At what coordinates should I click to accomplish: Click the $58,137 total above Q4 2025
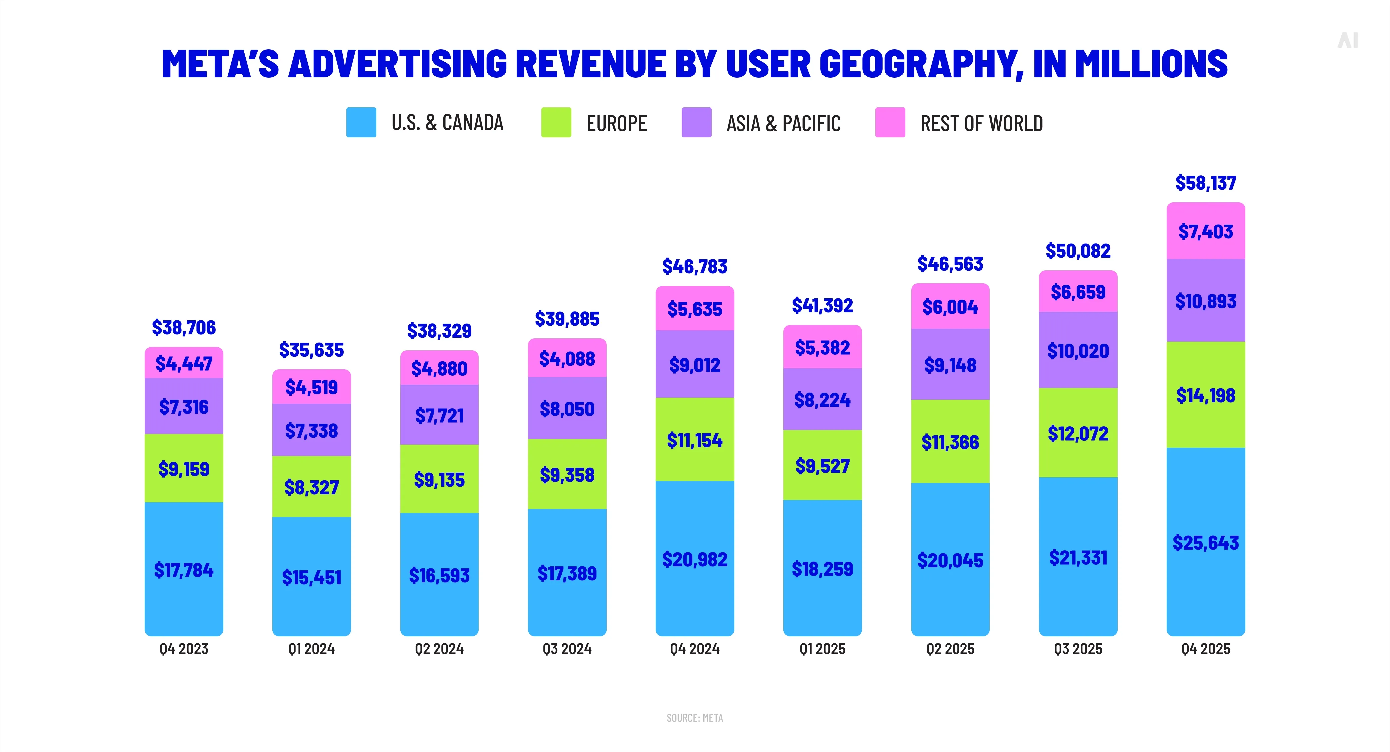(1205, 183)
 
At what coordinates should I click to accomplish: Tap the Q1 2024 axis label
(311, 649)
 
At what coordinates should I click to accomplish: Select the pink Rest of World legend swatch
(890, 122)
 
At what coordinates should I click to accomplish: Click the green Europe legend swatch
(556, 122)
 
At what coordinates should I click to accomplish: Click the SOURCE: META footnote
(694, 718)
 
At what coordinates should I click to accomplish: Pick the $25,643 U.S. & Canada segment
(1205, 542)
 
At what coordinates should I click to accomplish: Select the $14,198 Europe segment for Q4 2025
(1205, 395)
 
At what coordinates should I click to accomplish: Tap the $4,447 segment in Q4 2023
(183, 363)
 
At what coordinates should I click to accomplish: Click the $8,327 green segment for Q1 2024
(311, 487)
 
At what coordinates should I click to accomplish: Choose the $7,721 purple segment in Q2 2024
(439, 415)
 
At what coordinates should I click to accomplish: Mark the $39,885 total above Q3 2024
(567, 319)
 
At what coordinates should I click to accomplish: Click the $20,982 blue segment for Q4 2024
(694, 559)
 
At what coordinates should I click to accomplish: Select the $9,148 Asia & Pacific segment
(950, 365)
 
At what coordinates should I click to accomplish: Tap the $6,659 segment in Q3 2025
(1078, 292)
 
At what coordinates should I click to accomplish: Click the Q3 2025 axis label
(1078, 649)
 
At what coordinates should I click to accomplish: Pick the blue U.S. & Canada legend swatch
(361, 122)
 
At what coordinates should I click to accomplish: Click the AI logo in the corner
(1347, 41)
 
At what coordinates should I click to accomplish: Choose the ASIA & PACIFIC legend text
(783, 123)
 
